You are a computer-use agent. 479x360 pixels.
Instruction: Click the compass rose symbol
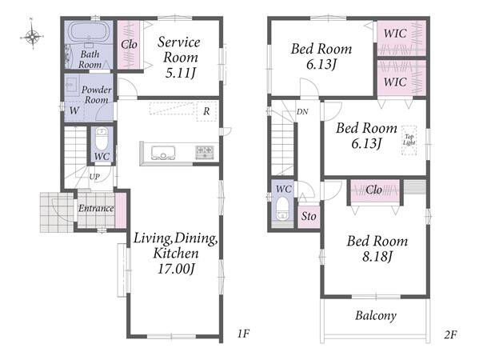tap(32, 36)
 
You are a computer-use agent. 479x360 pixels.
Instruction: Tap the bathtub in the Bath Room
tap(88, 31)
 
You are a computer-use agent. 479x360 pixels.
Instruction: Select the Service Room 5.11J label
tap(179, 58)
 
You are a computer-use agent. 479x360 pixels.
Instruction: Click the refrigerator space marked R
tap(206, 111)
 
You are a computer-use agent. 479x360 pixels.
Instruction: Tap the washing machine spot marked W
tap(74, 110)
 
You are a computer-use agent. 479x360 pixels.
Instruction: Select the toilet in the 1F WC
tap(102, 139)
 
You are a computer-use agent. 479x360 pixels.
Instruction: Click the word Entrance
tap(96, 209)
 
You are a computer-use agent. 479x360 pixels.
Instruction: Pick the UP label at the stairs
tap(94, 177)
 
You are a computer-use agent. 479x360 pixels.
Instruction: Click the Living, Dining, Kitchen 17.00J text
tap(176, 254)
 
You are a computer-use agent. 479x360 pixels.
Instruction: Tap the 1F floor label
tap(243, 334)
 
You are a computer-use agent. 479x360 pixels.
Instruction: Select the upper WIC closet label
tap(395, 34)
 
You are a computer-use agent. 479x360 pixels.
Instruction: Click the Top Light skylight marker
tap(409, 140)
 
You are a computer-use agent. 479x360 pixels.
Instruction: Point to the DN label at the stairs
tap(302, 112)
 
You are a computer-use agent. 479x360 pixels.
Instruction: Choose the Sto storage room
tap(309, 216)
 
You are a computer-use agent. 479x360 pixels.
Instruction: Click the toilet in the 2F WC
tap(282, 209)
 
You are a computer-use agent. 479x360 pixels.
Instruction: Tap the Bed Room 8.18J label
tap(377, 249)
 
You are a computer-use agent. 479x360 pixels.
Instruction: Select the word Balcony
tap(376, 315)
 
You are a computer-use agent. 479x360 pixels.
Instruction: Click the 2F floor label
tap(450, 335)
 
